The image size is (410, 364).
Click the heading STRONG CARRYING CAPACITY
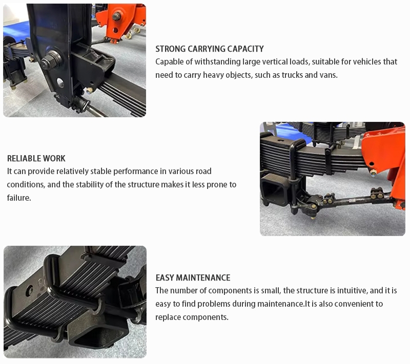[210, 49]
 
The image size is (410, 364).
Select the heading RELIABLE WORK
[36, 159]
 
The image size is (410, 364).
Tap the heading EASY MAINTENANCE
[193, 277]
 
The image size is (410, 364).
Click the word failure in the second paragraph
[19, 198]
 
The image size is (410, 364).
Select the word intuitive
[352, 291]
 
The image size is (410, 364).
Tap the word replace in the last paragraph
[168, 317]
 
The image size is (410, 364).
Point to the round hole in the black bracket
[60, 83]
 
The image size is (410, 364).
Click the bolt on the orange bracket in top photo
[116, 17]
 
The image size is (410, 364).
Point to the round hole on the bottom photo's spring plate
[29, 291]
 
